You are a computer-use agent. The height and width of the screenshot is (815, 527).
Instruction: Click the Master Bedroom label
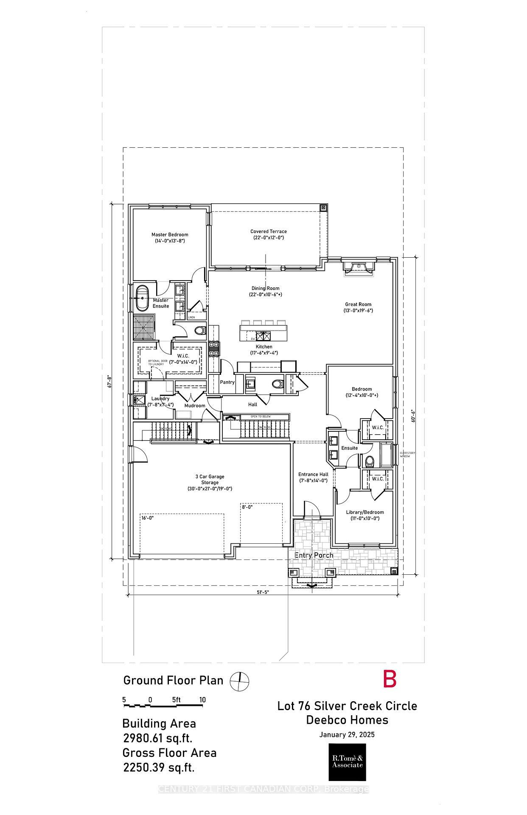click(170, 237)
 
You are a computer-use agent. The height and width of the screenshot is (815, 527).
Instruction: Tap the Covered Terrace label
click(268, 234)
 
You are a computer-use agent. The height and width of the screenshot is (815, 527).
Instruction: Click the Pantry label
click(227, 382)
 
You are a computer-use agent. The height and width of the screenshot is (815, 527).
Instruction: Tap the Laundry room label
click(160, 401)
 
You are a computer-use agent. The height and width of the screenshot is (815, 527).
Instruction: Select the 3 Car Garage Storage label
click(210, 482)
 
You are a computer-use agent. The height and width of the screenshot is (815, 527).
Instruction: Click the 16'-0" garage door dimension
click(147, 518)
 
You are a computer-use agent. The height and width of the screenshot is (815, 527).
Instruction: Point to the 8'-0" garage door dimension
click(247, 507)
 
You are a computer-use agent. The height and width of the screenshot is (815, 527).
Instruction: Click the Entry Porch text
click(314, 555)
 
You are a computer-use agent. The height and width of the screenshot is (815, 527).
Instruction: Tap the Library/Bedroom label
click(364, 515)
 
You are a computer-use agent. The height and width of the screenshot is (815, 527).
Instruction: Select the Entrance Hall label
click(313, 477)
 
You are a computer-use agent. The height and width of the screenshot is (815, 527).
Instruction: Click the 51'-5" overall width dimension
click(263, 592)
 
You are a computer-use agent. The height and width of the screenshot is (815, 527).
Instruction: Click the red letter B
click(390, 679)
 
